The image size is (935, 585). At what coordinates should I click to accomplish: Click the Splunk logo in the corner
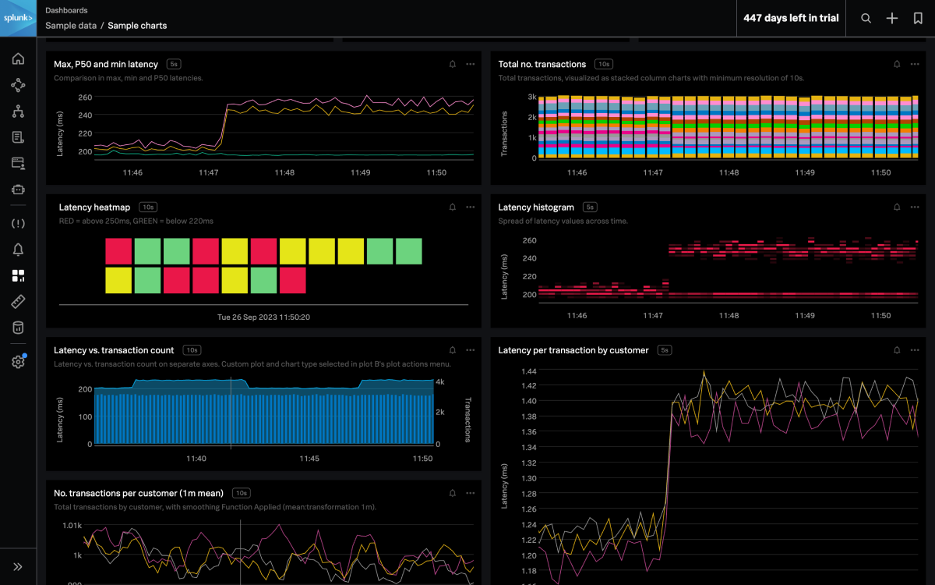[x=18, y=18]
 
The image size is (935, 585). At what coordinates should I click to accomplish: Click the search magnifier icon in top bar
[x=866, y=18]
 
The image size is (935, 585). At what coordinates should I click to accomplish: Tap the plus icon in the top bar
[x=892, y=18]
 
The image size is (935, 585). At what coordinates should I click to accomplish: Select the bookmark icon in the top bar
[x=918, y=18]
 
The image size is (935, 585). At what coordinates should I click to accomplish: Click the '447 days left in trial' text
[x=791, y=18]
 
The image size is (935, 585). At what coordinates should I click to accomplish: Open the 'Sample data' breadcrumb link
[x=71, y=25]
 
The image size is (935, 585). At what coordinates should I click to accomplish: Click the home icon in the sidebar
[x=18, y=58]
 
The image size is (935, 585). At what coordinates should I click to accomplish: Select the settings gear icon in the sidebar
[x=18, y=362]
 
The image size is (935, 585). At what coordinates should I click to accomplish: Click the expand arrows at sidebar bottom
[x=18, y=567]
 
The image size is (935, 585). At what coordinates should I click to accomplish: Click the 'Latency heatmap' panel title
[x=94, y=207]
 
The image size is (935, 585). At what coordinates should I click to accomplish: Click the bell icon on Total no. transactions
[x=897, y=64]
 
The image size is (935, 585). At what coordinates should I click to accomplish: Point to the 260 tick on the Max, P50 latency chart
[x=85, y=97]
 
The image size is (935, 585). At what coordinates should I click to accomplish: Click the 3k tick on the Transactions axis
[x=531, y=97]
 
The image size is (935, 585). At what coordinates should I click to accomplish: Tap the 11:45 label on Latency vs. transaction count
[x=309, y=459]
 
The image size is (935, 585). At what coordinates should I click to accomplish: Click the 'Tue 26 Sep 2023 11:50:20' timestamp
[x=263, y=317]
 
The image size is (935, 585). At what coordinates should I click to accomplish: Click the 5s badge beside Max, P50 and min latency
[x=174, y=64]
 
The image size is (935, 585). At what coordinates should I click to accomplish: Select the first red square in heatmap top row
[x=118, y=251]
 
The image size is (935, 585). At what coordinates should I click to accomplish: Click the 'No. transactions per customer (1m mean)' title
[x=139, y=493]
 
